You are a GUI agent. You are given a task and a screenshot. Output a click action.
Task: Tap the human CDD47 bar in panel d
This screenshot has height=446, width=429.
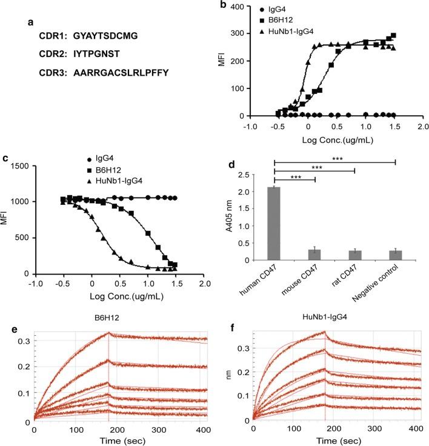pos(274,224)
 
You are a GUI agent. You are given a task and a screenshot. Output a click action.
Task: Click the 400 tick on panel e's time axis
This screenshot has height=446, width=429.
pos(204,429)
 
